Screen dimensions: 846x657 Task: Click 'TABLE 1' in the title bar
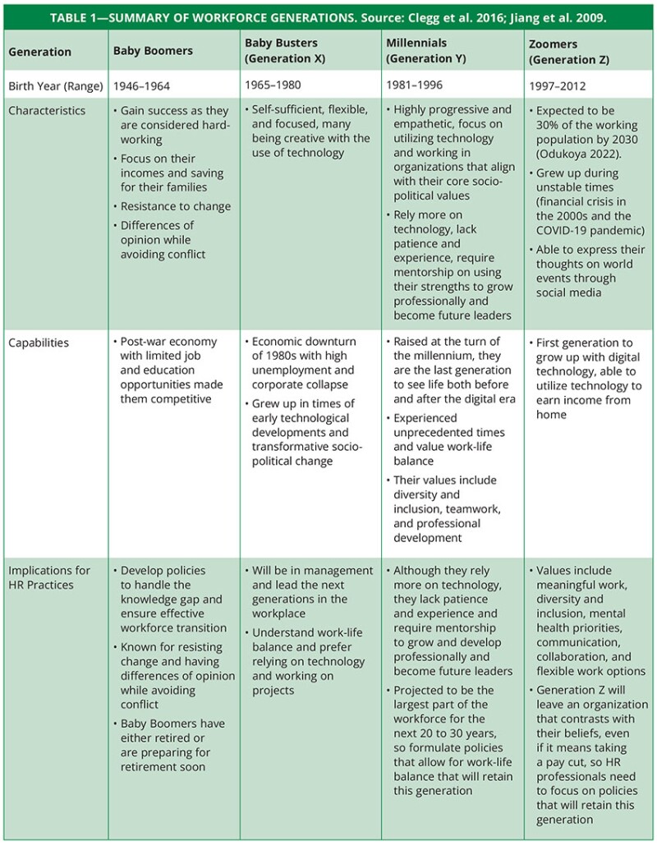(78, 16)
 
